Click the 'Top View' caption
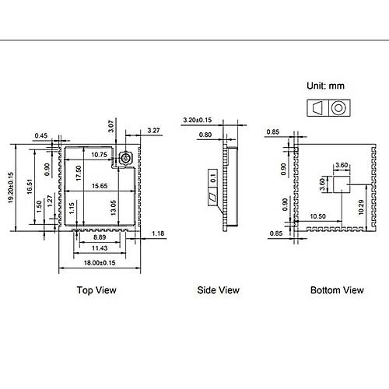96,290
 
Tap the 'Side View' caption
218,290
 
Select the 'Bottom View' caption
337,290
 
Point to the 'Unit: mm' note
325,86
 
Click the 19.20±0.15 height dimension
11,187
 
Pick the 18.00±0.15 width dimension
100,263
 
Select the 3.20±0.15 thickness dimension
198,120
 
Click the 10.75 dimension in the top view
99,155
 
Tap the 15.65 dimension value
100,186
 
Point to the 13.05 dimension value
114,208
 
